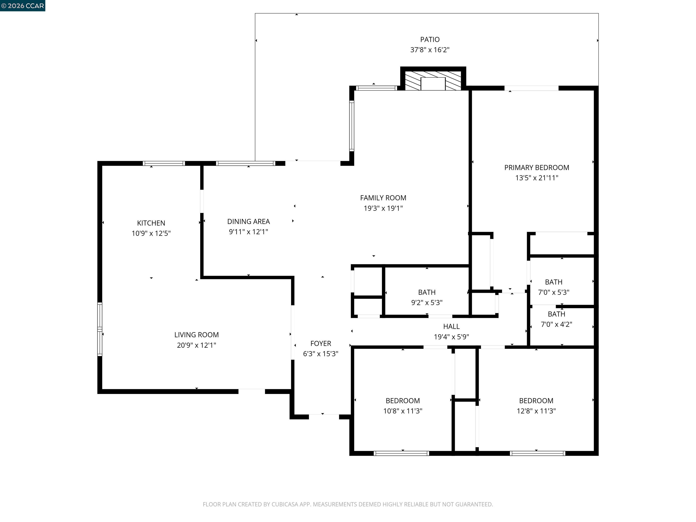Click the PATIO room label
(430, 40)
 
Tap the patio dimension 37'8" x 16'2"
(430, 50)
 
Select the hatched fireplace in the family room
(433, 81)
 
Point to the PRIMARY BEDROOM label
(536, 168)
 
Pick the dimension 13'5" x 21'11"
(536, 178)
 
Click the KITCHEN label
(151, 223)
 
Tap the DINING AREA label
(248, 222)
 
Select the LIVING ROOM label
(196, 335)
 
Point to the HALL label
(451, 327)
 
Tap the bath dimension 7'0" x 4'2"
(556, 324)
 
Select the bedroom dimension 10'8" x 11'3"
(403, 411)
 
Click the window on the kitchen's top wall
(164, 163)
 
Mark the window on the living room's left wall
(100, 329)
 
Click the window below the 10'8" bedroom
(401, 453)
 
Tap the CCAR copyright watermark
(22, 6)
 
